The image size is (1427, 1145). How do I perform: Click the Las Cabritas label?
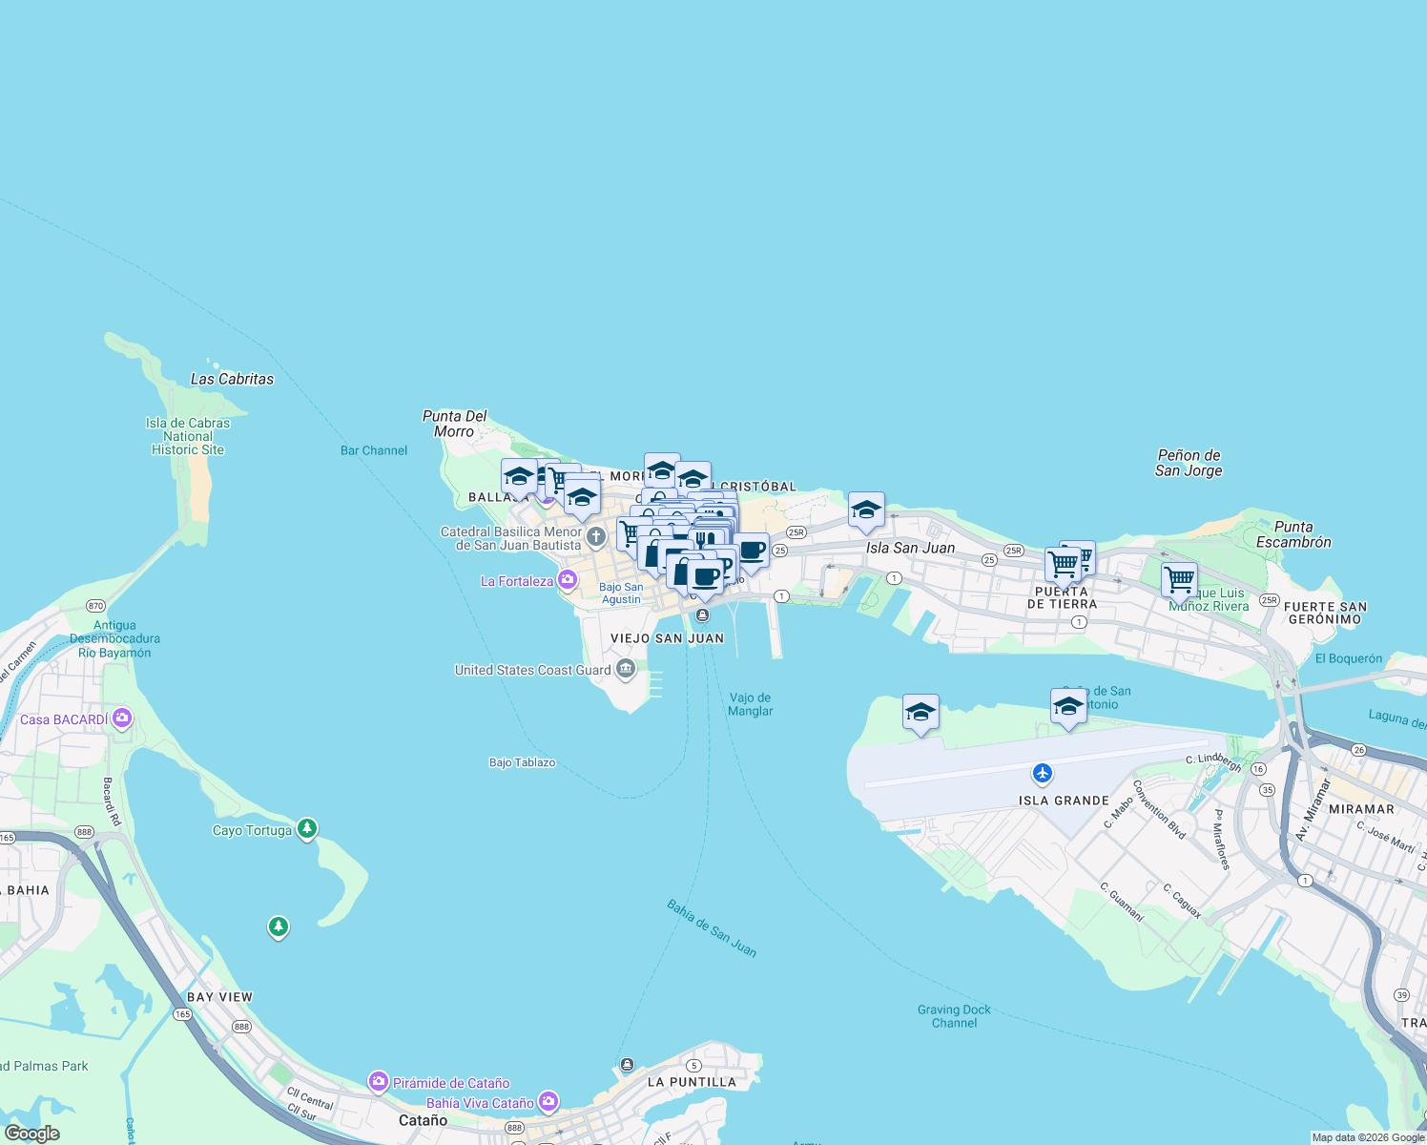(x=232, y=379)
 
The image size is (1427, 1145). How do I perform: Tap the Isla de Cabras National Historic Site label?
(x=188, y=436)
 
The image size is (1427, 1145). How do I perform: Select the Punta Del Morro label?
(x=454, y=424)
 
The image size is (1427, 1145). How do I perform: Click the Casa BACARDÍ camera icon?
(x=122, y=718)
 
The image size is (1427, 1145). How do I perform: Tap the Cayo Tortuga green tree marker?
(x=306, y=828)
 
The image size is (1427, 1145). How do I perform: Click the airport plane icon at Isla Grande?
(x=1043, y=772)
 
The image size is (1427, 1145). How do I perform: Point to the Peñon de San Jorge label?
(x=1189, y=463)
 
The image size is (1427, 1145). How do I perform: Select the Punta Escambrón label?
(x=1293, y=534)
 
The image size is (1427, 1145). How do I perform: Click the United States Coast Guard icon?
(x=626, y=669)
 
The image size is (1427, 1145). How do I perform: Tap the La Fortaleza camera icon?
(x=568, y=579)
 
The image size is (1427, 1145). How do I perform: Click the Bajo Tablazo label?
(x=522, y=762)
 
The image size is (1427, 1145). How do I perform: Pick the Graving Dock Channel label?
(x=954, y=1016)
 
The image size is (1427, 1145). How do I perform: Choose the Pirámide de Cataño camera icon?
(x=379, y=1081)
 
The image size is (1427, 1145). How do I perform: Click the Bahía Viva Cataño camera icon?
(x=548, y=1102)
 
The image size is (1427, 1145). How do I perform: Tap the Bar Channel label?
(x=374, y=450)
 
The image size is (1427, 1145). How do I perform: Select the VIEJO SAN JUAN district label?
(x=667, y=638)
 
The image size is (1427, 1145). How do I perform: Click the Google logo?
(x=31, y=1134)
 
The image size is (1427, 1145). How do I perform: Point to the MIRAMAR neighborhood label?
(x=1361, y=809)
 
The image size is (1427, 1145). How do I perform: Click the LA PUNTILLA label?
(x=692, y=1082)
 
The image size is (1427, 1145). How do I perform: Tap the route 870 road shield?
(x=95, y=606)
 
